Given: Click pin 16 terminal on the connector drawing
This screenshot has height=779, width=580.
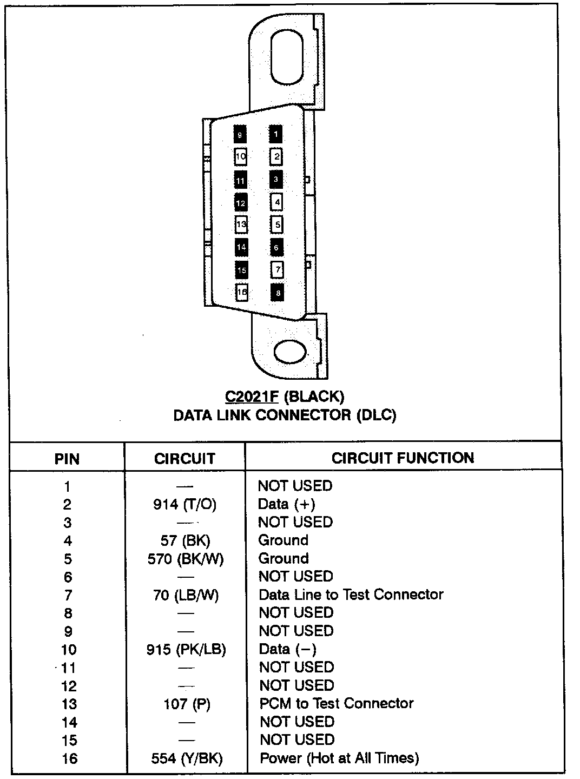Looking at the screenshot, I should coord(241,292).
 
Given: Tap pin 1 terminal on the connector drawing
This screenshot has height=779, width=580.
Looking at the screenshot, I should coord(276,134).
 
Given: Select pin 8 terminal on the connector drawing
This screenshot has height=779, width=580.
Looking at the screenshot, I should coord(276,293).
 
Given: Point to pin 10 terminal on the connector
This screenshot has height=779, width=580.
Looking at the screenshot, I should coord(241,157).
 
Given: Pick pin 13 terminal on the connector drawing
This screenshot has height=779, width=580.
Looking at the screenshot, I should coord(241,224).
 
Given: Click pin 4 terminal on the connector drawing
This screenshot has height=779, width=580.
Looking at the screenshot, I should coord(276,202).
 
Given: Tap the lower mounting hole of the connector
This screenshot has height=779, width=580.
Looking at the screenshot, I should coord(291,352).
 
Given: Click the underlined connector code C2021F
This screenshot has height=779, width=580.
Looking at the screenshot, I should coord(252,397).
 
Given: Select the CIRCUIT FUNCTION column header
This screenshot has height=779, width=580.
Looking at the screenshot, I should coord(403,458).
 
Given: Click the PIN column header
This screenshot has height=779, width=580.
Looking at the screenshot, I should coord(67,459).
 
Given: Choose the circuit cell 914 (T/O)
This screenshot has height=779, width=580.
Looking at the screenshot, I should coord(184,505).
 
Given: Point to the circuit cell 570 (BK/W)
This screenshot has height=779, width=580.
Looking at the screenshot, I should coord(185,559).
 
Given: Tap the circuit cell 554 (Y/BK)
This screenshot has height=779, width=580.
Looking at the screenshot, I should coord(187,758).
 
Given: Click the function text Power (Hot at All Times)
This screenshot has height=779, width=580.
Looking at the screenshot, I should coord(339,758).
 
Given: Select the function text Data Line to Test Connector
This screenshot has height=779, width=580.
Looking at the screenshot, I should coord(351,595).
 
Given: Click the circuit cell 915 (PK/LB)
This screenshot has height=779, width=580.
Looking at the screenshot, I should coord(186,649).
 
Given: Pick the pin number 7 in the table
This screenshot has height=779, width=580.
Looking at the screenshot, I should coord(68,596).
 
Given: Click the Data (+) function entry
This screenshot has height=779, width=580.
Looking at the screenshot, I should coord(286,504).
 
